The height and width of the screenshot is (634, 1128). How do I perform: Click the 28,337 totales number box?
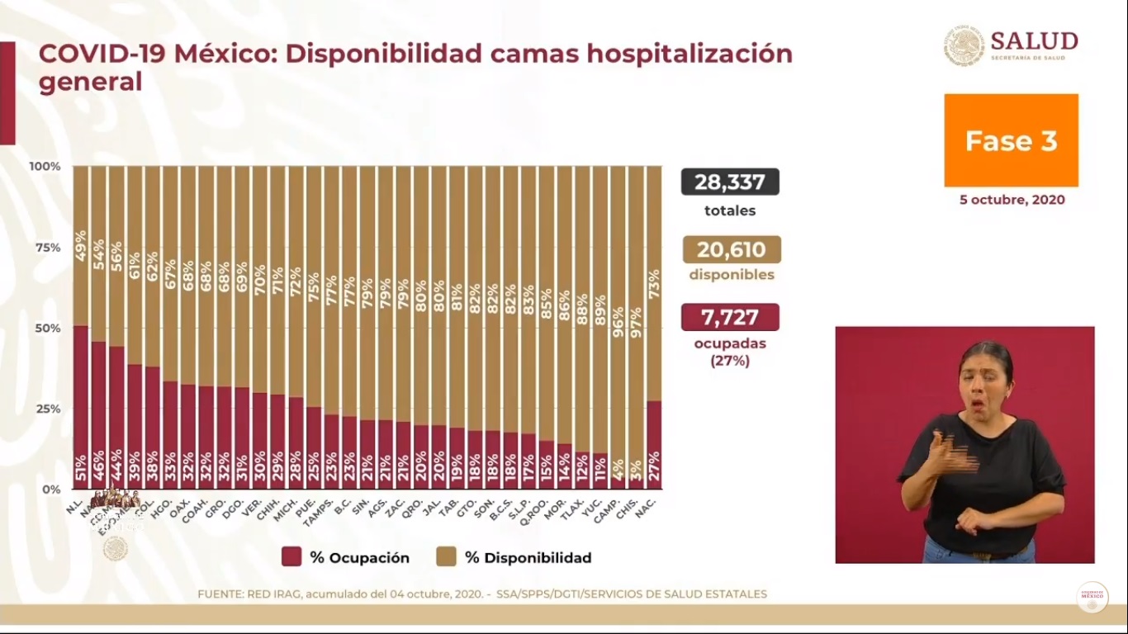[730, 182]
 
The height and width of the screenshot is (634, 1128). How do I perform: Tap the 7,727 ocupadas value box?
[730, 317]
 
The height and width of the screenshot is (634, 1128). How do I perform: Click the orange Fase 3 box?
[1011, 140]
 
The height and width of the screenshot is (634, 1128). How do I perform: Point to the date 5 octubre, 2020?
[1012, 200]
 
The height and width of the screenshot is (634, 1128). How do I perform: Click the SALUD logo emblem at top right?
[964, 45]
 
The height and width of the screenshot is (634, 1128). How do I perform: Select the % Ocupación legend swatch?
[291, 557]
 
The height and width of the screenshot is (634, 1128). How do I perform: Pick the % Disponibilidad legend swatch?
[446, 557]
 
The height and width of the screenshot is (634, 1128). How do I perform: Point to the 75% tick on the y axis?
[46, 247]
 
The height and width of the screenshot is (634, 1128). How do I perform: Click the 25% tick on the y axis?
[46, 409]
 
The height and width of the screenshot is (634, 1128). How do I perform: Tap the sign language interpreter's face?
[984, 382]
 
